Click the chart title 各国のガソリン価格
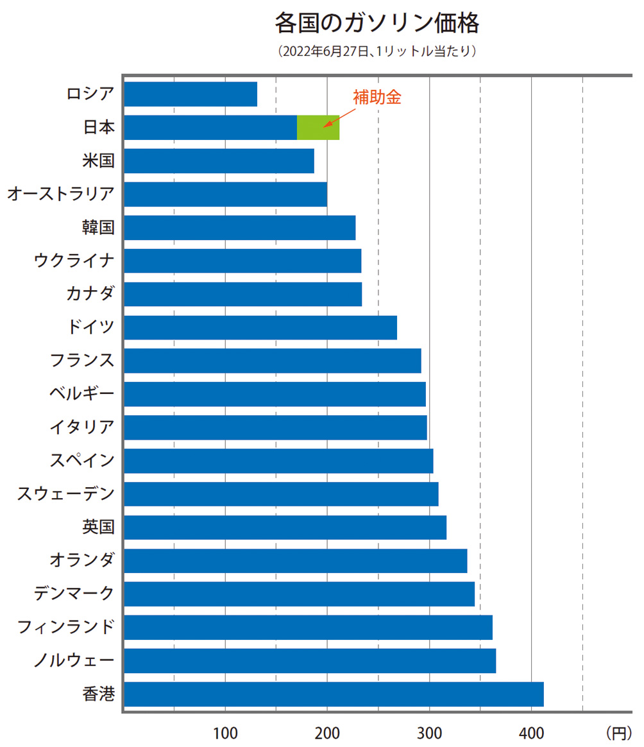pyautogui.click(x=377, y=24)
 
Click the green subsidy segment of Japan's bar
pyautogui.click(x=318, y=128)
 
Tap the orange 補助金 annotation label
pyautogui.click(x=377, y=97)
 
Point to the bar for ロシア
pyautogui.click(x=191, y=94)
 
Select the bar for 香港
pyautogui.click(x=334, y=694)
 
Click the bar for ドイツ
pyautogui.click(x=260, y=328)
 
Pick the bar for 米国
pyautogui.click(x=219, y=161)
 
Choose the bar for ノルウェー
pyautogui.click(x=310, y=661)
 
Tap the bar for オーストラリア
pyautogui.click(x=225, y=194)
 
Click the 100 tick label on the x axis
pyautogui.click(x=225, y=732)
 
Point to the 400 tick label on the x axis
pyautogui.click(x=531, y=732)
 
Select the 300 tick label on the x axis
pyautogui.click(x=429, y=732)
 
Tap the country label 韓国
pyautogui.click(x=98, y=228)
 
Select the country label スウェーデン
pyautogui.click(x=66, y=494)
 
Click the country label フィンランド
pyautogui.click(x=66, y=627)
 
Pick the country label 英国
pyautogui.click(x=98, y=528)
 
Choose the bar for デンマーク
pyautogui.click(x=299, y=594)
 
